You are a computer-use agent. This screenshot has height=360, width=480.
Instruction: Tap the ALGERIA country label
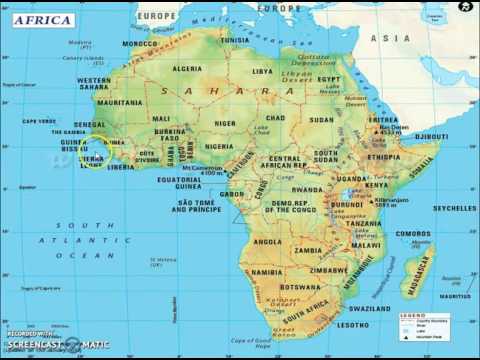pyautogui.click(x=187, y=69)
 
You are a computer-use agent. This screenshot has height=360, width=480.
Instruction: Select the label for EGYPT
pyautogui.click(x=329, y=79)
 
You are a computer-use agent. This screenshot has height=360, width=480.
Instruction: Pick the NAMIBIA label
pyautogui.click(x=265, y=272)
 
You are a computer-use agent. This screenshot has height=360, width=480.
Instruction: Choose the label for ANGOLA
pyautogui.click(x=267, y=241)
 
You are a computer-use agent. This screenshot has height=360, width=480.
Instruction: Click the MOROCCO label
pyautogui.click(x=140, y=44)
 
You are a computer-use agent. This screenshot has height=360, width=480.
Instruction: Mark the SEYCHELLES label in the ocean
pyautogui.click(x=454, y=208)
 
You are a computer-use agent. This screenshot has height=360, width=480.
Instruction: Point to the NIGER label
pyautogui.click(x=224, y=124)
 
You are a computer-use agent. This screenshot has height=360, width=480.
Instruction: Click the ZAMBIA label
pyautogui.click(x=309, y=249)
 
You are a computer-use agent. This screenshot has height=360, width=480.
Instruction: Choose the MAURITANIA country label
pyautogui.click(x=120, y=102)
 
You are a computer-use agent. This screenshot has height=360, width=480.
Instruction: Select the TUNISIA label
pyautogui.click(x=234, y=40)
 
